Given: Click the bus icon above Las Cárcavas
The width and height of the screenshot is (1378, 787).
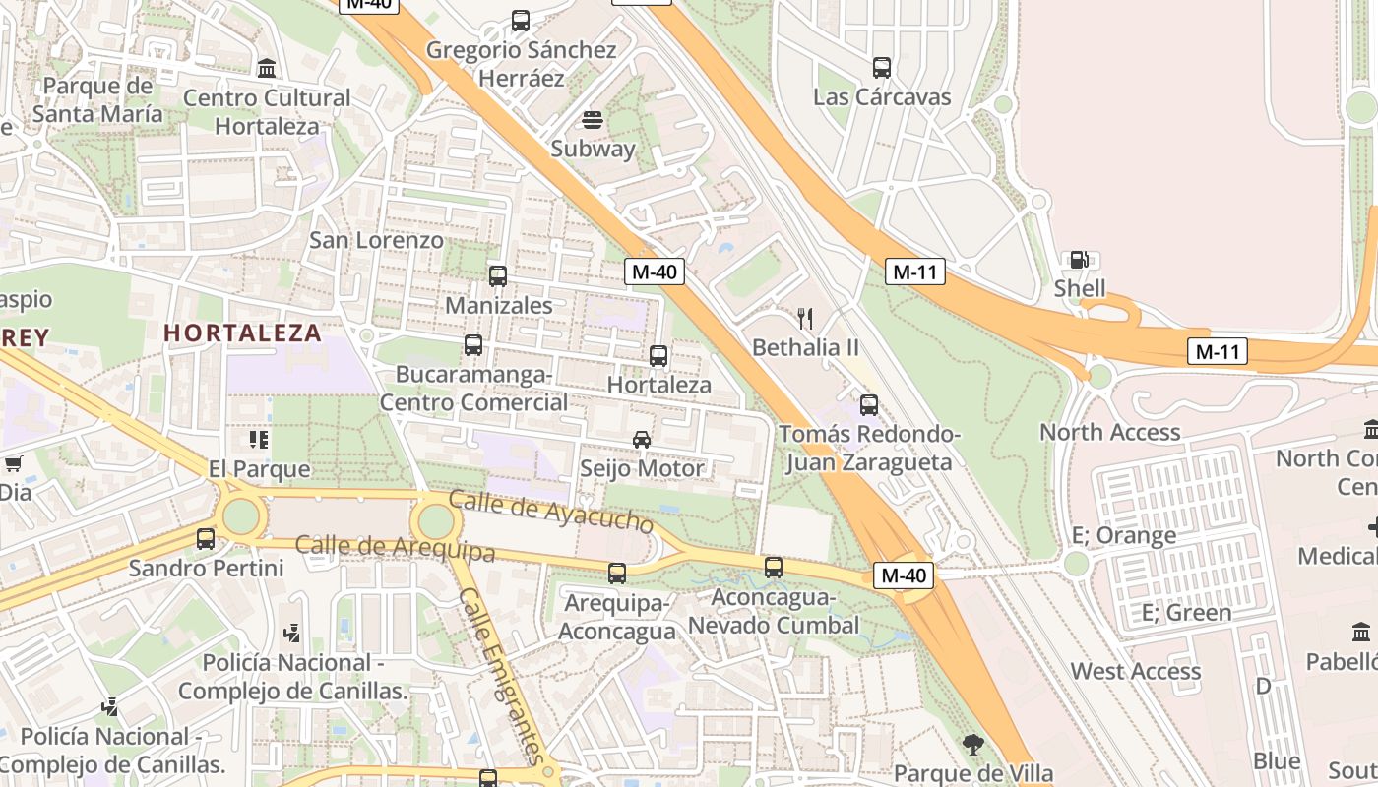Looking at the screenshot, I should click(882, 68).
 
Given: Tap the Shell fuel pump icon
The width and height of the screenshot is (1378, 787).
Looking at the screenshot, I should click(1079, 260).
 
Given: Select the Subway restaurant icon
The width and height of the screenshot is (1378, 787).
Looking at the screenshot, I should click(593, 120).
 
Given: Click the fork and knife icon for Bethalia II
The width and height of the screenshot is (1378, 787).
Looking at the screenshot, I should click(805, 318).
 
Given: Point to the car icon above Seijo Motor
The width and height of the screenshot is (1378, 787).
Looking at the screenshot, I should click(642, 440).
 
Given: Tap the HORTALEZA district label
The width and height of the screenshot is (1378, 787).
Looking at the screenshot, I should click(242, 333).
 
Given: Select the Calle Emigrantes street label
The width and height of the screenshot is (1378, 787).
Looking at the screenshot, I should click(501, 675).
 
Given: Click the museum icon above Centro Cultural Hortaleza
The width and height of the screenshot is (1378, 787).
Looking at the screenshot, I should click(267, 69).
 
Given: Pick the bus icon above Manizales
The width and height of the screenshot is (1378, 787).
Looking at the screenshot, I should click(498, 276).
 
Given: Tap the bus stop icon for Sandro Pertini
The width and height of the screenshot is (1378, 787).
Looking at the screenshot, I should click(206, 539).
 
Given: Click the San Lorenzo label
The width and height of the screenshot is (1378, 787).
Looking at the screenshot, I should click(376, 240).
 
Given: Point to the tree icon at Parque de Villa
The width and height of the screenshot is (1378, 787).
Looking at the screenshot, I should click(973, 745).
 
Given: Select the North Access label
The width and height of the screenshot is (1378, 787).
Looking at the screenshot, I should click(1109, 432).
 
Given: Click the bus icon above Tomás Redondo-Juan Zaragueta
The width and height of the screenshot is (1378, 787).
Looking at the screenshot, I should click(869, 405).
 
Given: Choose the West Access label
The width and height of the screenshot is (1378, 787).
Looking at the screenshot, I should click(1135, 671).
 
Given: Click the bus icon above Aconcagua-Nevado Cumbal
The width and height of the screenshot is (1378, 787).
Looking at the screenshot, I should click(774, 568).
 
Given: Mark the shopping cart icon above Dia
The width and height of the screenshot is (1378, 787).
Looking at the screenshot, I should click(14, 463).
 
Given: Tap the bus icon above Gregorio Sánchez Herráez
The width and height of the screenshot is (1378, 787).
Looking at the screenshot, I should click(521, 20).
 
